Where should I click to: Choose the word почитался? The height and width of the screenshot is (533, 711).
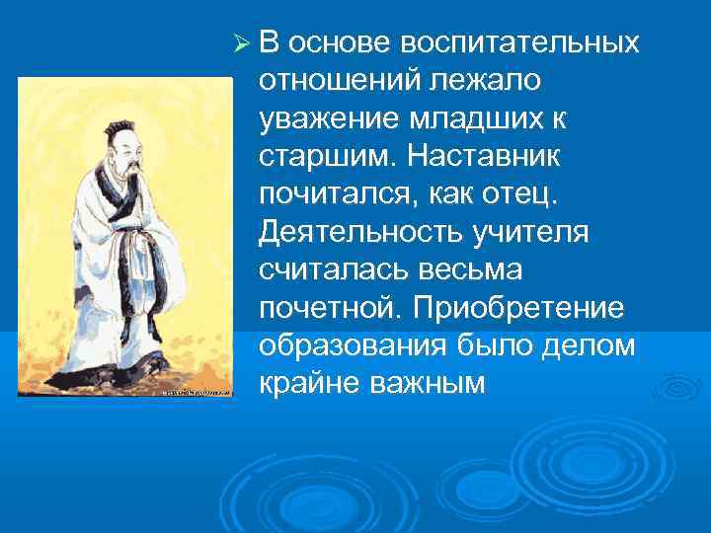(x=333, y=195)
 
